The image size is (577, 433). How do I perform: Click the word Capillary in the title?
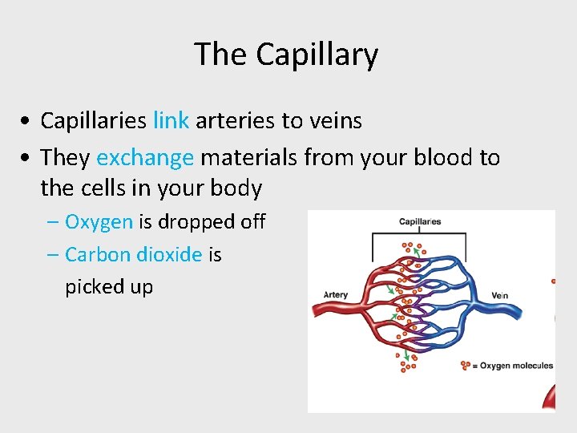coord(317,55)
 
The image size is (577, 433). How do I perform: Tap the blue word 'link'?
coord(171,121)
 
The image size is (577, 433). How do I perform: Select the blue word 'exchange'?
coord(145,157)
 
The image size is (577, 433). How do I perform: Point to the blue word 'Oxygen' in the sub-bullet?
coord(99,221)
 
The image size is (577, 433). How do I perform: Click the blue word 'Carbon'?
coord(98,255)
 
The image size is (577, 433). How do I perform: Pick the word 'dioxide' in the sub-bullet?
coord(169,255)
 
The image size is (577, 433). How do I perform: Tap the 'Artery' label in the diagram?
coord(336,295)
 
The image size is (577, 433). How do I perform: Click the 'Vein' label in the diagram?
coord(499,296)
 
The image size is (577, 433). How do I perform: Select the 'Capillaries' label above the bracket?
coord(420,222)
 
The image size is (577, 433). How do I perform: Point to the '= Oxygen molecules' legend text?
coord(513,366)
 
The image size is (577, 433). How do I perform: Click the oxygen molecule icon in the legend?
coord(466,366)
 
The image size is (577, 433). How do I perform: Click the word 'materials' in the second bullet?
coord(249,157)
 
